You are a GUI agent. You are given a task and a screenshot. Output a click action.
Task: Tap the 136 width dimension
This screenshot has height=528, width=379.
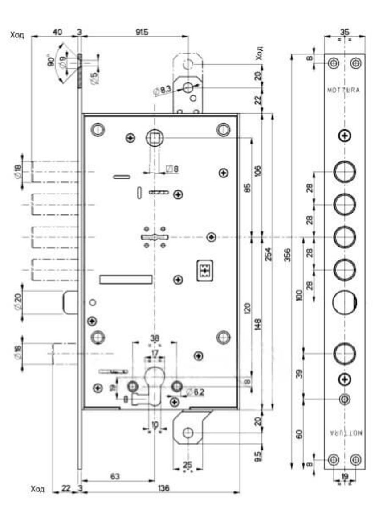[163, 488]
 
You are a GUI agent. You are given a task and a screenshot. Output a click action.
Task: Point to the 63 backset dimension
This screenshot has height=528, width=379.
[115, 476]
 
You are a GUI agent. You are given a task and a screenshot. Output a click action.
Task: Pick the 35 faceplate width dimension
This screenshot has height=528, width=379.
[344, 32]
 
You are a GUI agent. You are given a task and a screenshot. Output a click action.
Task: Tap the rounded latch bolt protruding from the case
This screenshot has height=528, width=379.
[70, 302]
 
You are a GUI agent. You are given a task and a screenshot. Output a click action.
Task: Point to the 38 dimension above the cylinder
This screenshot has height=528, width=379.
[155, 338]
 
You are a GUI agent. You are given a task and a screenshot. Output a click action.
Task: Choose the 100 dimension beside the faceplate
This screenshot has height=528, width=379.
[299, 295]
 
